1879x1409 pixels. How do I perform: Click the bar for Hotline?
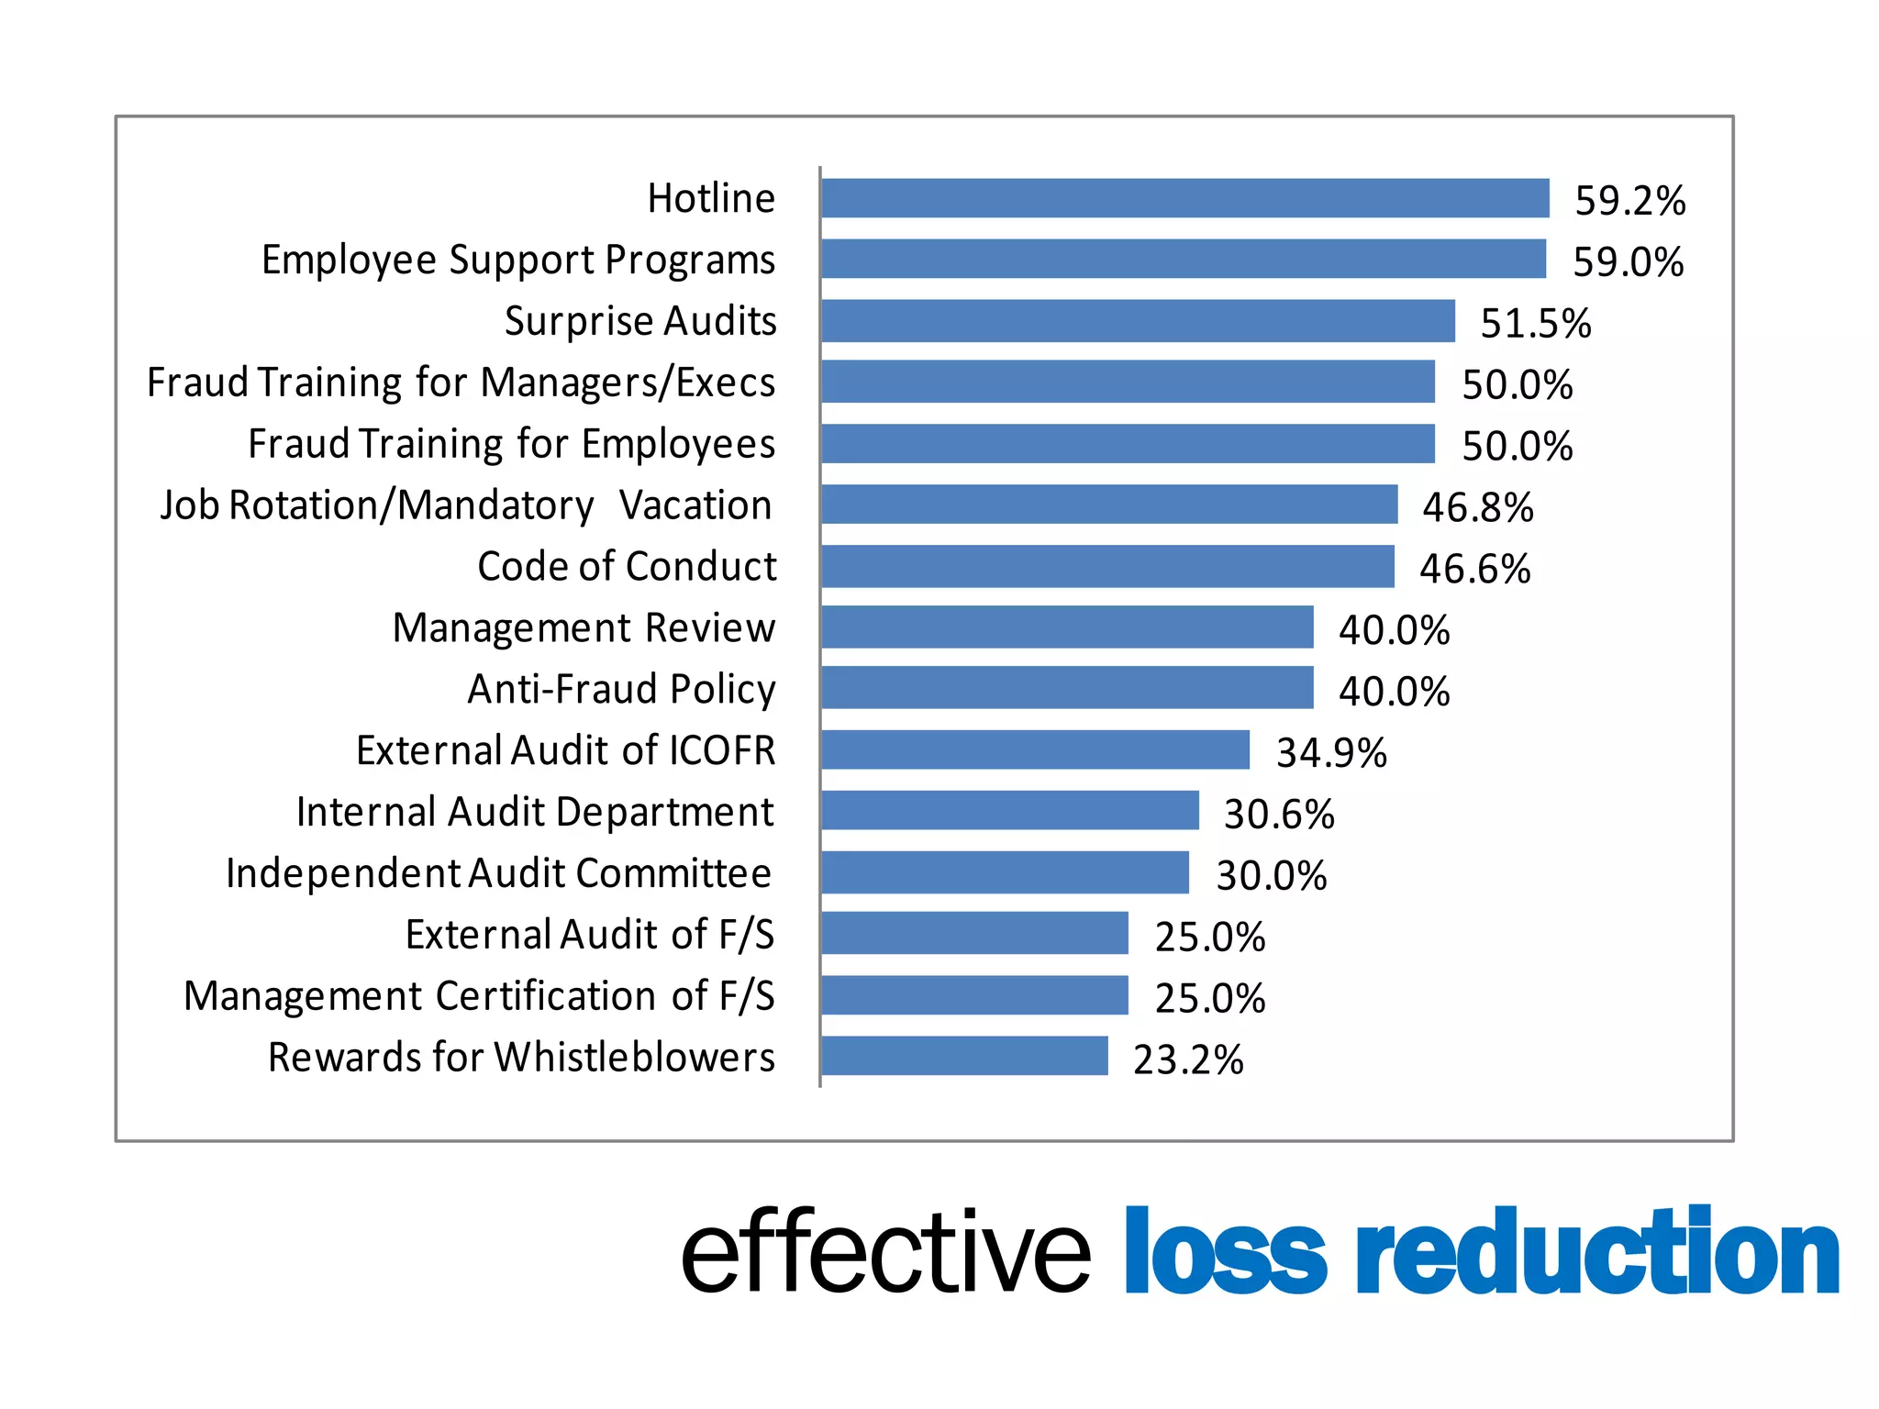(x=1184, y=198)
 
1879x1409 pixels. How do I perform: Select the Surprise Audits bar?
(x=1138, y=321)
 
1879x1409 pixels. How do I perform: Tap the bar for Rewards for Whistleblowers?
(x=964, y=1056)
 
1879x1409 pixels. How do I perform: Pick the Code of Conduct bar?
(x=1107, y=566)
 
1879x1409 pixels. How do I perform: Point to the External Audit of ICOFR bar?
(x=1035, y=749)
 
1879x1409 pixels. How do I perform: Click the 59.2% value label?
(x=1629, y=201)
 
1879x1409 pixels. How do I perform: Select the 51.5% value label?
(x=1535, y=324)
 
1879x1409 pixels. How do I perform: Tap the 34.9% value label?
(x=1330, y=753)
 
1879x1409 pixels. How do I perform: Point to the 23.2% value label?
(x=1187, y=1060)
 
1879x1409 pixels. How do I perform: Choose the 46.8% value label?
(x=1477, y=507)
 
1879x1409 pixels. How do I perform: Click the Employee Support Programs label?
(x=518, y=261)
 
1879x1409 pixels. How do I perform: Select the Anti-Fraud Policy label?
(x=621, y=690)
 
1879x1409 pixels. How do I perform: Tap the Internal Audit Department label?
(x=535, y=813)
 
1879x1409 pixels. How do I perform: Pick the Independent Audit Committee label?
(x=498, y=873)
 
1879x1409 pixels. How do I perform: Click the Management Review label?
(x=584, y=628)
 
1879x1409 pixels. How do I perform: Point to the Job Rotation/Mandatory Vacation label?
(x=466, y=505)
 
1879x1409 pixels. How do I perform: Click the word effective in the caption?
(x=885, y=1251)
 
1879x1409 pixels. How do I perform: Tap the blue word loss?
(x=1224, y=1251)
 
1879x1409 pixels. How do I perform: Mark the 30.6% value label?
(x=1278, y=815)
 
